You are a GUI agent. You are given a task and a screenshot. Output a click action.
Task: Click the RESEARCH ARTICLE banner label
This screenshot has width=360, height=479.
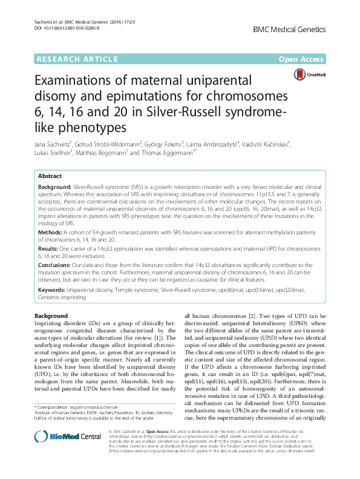click(77, 59)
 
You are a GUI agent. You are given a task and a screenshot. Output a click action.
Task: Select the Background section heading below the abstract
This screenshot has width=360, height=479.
click(51, 316)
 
